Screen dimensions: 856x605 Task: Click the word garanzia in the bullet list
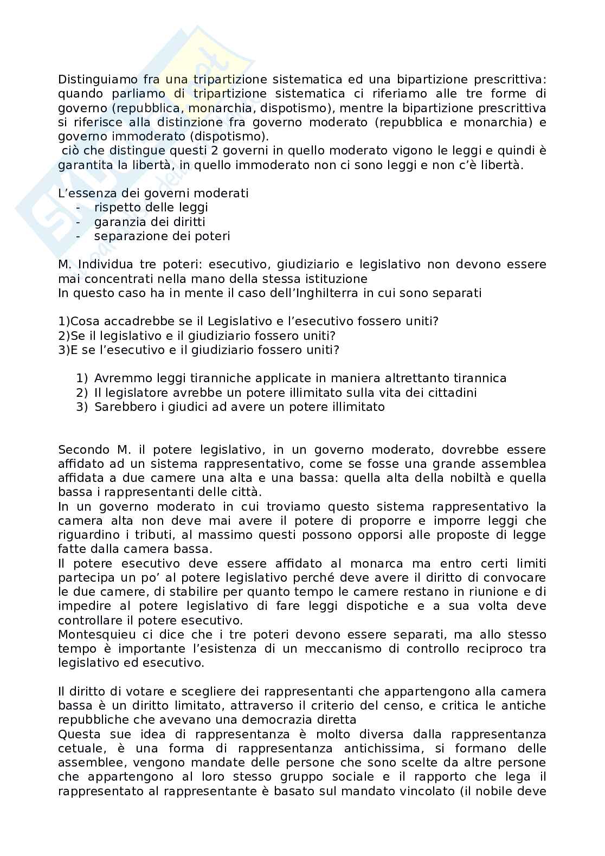(114, 222)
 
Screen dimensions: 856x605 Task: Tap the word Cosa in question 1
(84, 321)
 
